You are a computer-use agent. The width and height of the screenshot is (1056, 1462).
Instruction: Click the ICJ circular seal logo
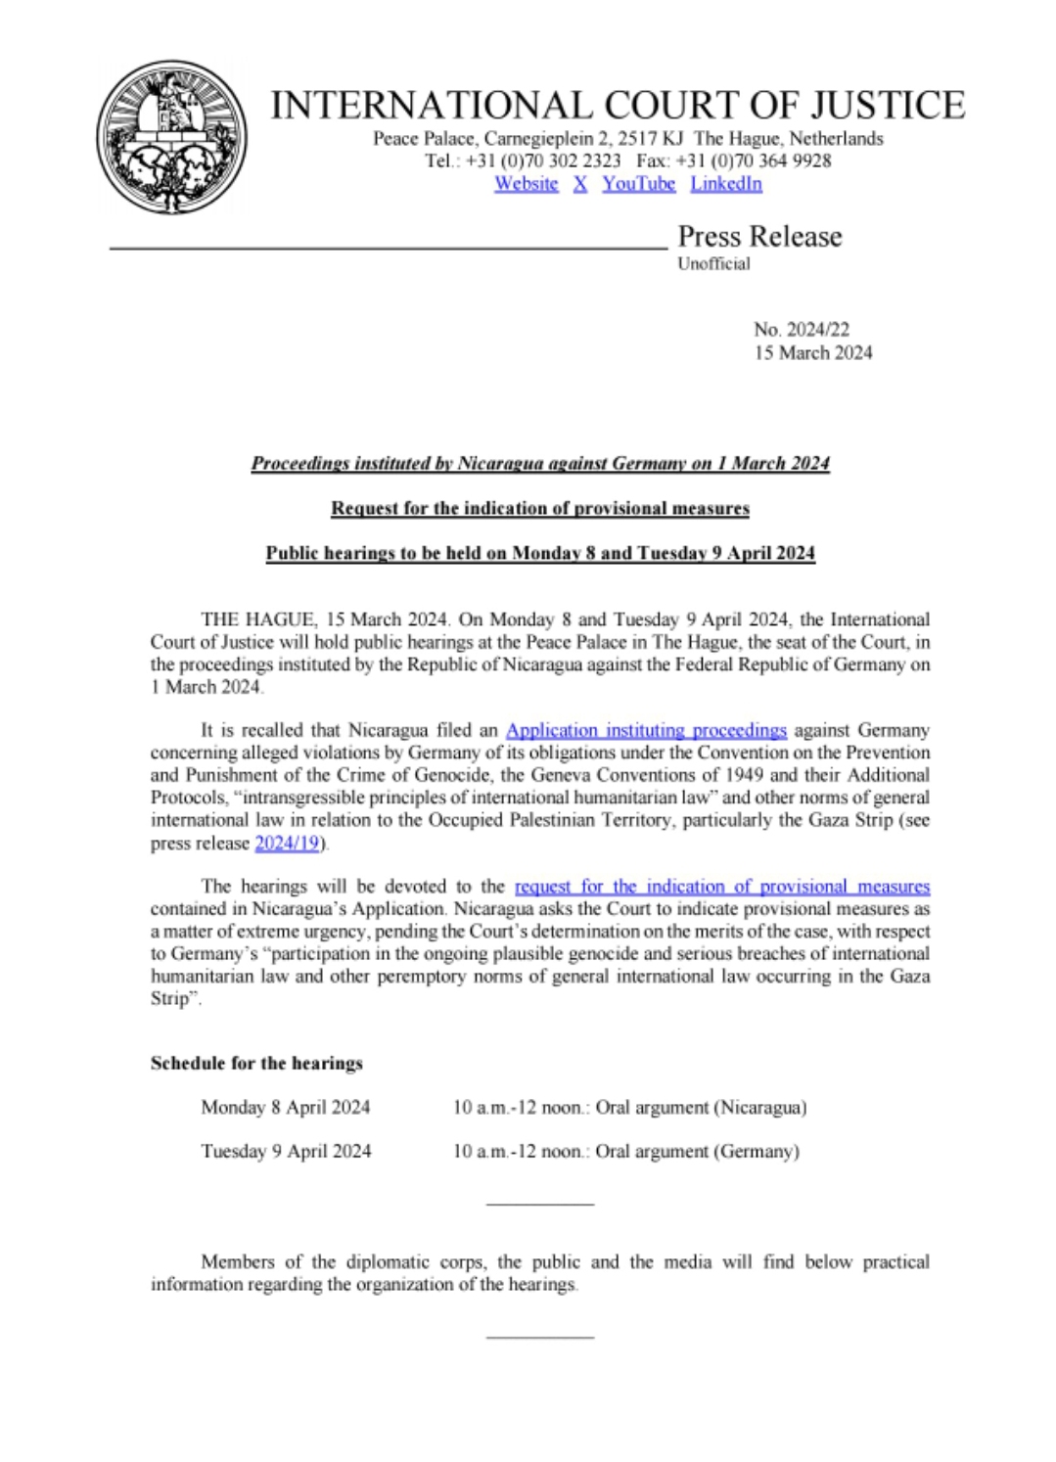[x=171, y=137]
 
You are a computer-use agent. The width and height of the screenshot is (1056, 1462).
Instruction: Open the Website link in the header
[x=526, y=184]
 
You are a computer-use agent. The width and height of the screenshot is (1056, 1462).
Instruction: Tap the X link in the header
[x=580, y=184]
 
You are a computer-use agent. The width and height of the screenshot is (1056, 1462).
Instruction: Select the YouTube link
[x=638, y=184]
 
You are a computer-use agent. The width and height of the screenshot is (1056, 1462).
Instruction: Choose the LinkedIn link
[x=726, y=184]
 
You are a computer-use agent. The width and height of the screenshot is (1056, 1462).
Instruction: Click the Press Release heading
[x=759, y=237]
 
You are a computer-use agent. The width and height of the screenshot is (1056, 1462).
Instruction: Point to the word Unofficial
[x=713, y=263]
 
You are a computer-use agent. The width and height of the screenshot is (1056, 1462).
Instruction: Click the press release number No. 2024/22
[x=802, y=330]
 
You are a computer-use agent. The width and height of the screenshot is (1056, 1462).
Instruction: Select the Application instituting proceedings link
[x=646, y=730]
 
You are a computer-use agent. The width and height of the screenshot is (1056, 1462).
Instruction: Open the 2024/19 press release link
[x=287, y=844]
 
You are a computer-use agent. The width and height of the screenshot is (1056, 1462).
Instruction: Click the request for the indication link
[x=721, y=887]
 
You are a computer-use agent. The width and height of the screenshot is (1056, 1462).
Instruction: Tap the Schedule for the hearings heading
[x=256, y=1064]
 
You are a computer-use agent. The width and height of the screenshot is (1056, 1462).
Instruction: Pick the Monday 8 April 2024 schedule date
[x=286, y=1108]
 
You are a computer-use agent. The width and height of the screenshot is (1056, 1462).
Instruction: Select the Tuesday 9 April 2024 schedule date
[x=286, y=1152]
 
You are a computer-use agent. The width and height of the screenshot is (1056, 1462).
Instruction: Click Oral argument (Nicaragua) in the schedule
[x=701, y=1108]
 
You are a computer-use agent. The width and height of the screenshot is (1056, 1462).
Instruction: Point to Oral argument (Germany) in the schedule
[x=697, y=1152]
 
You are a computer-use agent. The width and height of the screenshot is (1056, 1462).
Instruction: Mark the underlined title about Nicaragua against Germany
[x=540, y=464]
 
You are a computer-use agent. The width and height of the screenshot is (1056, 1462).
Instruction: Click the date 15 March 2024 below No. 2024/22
[x=812, y=353]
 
